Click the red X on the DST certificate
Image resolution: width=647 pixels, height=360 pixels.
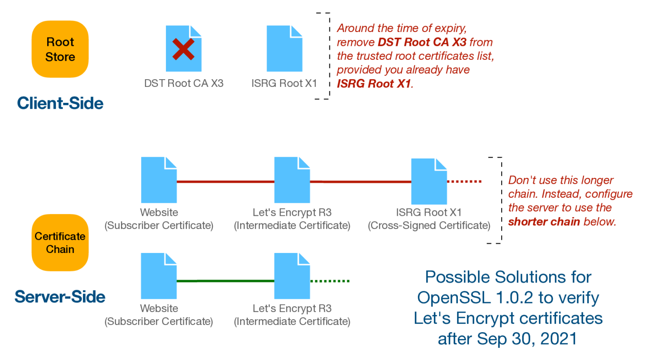pos(183,49)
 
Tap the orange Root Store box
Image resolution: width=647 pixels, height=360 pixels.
pos(60,49)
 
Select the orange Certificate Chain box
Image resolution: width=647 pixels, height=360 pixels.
pos(60,242)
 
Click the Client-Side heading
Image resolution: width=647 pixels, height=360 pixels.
pos(60,103)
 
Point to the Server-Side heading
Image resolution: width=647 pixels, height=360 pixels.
pos(60,297)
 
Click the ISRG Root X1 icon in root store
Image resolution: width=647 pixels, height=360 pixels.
pos(284,48)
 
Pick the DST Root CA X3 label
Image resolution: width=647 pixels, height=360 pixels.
pos(184,83)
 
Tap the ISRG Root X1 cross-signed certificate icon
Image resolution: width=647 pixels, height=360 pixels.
pos(429,181)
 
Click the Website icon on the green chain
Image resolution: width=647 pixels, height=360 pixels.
pos(159,276)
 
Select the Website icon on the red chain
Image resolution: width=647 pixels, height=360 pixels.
pos(159,180)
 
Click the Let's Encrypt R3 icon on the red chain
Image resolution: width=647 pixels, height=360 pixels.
pos(292,180)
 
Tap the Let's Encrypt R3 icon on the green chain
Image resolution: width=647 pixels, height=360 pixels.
pos(292,276)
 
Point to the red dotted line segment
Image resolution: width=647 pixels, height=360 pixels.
pos(464,182)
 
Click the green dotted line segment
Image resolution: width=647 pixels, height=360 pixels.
pos(330,281)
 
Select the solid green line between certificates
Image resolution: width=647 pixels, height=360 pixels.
pos(225,281)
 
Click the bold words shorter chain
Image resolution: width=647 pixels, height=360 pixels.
pos(544,222)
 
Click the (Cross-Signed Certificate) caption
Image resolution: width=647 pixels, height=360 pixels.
pos(429,226)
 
